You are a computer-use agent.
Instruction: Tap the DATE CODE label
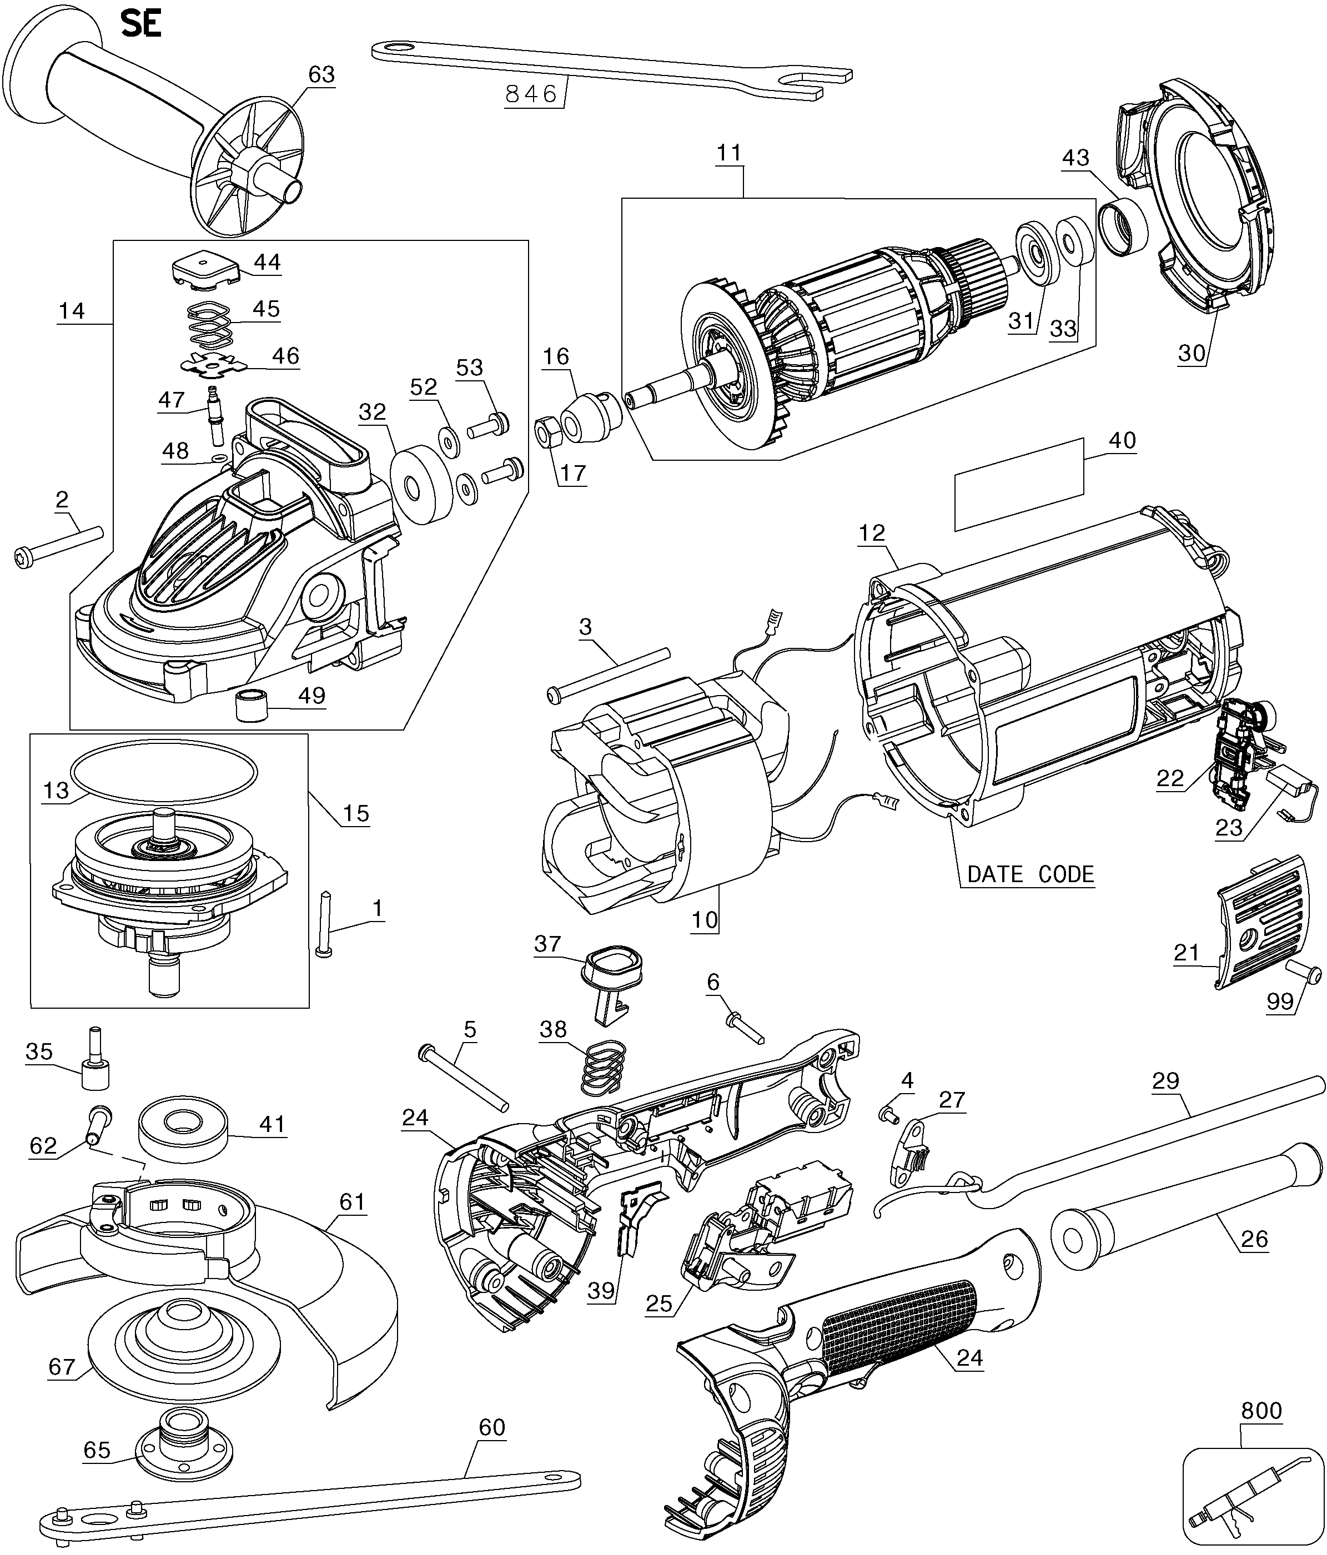[x=1030, y=874]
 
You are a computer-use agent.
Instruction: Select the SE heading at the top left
[x=141, y=25]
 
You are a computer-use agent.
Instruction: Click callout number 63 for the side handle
[x=321, y=74]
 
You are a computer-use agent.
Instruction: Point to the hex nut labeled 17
[x=546, y=432]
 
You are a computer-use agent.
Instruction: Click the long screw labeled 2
[x=58, y=544]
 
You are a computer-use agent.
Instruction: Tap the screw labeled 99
[x=1305, y=974]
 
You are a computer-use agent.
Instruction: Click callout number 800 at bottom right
[x=1261, y=1411]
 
